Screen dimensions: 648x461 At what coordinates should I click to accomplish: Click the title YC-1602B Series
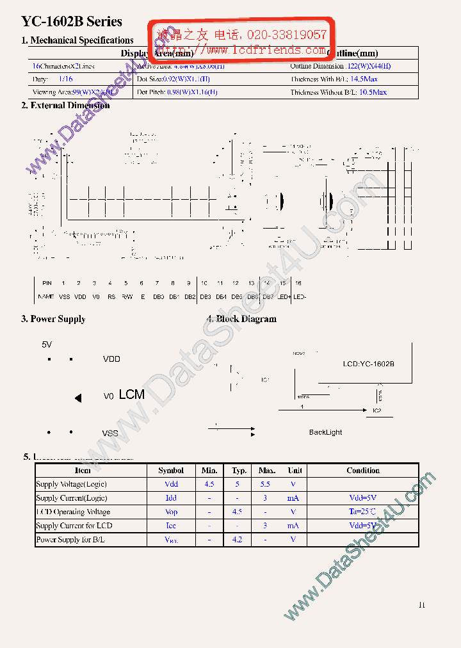72,22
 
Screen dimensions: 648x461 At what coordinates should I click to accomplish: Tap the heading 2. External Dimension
65,106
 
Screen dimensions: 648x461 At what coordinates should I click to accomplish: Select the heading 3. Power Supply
53,319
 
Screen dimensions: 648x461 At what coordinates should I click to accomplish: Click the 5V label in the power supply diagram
47,344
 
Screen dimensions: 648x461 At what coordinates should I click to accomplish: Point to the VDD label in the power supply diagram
111,359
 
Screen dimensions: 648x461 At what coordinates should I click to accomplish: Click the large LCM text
132,395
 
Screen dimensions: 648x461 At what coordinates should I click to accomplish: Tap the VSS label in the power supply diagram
110,433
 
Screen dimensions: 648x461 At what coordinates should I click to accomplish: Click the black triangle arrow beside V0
78,398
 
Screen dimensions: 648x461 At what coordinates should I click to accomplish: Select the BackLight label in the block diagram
325,432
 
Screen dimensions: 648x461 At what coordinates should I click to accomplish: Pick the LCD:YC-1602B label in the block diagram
368,364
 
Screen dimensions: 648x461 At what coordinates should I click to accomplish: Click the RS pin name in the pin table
110,296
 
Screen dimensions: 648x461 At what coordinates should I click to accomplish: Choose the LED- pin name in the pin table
299,296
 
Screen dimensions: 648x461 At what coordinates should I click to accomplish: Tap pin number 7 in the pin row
157,283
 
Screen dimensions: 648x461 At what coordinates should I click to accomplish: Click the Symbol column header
171,471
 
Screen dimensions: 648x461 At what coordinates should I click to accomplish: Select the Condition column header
363,471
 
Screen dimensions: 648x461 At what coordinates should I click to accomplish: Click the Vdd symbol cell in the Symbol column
171,485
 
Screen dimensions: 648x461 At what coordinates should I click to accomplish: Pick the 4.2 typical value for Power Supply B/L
237,540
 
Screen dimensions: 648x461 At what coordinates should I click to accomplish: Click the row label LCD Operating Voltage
73,512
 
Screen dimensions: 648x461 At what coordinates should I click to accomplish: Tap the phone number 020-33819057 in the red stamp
286,35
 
